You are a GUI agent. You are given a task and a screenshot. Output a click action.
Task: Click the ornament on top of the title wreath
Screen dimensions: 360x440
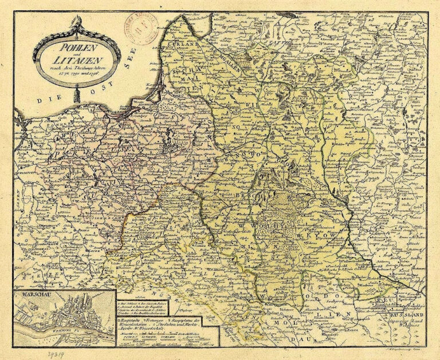click(77, 24)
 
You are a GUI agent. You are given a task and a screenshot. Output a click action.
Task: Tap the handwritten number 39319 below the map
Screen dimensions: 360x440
click(58, 354)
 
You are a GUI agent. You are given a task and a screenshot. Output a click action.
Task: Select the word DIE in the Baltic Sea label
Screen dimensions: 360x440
click(44, 100)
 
